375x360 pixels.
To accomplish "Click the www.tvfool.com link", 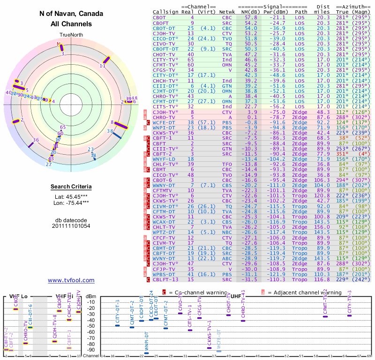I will (x=71, y=280).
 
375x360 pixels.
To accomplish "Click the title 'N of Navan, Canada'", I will (x=71, y=14).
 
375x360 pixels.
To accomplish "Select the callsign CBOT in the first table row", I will (x=160, y=17).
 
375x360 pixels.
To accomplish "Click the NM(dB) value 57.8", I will (x=251, y=17).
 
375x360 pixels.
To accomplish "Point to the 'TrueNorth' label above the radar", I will (x=71, y=35).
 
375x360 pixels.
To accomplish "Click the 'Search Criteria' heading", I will (x=71, y=187).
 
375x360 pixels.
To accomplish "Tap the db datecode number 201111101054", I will (x=71, y=225).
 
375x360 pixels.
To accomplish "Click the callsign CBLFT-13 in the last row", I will (x=165, y=280).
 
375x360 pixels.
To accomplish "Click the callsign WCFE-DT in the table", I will (x=164, y=122).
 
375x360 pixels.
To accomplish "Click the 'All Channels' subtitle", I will (x=71, y=24).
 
